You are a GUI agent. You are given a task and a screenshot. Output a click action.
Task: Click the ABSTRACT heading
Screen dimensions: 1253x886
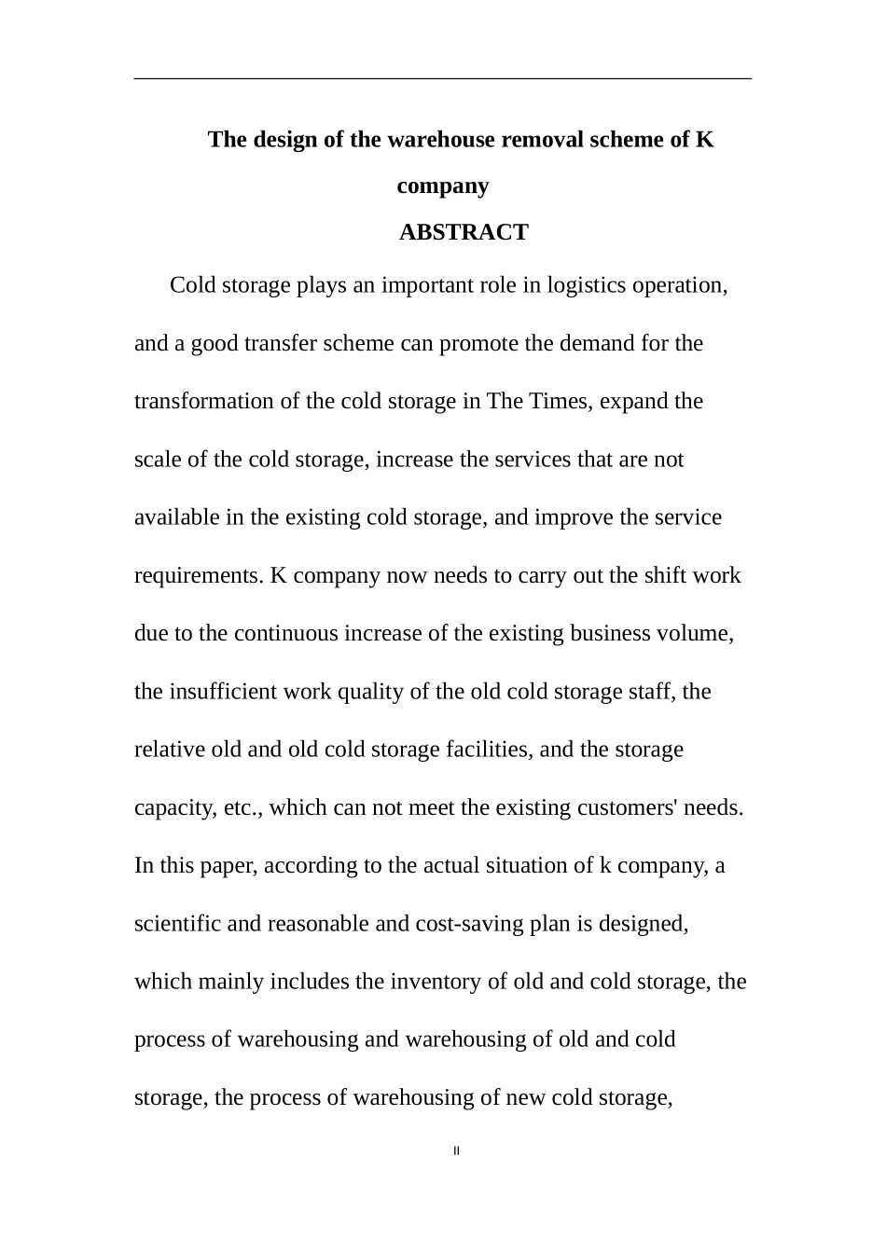point(464,232)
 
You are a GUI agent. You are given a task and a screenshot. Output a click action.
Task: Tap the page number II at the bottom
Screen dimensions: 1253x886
point(456,1150)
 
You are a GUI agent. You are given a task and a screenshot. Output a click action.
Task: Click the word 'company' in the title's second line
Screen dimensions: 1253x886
point(442,186)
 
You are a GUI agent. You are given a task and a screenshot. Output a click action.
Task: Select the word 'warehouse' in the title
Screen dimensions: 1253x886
point(441,140)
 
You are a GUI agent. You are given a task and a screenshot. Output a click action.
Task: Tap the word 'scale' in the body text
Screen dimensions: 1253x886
point(158,460)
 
